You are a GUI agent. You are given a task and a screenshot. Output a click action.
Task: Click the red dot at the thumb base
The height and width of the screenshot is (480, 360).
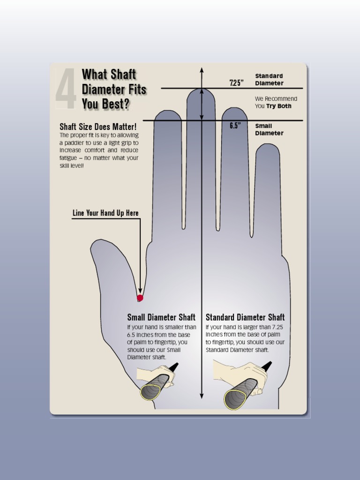pyautogui.click(x=140, y=298)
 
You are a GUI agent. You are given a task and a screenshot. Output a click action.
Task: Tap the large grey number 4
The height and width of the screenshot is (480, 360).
pyautogui.click(x=66, y=89)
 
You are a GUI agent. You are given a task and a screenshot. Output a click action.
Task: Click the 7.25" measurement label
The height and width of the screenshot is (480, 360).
pyautogui.click(x=237, y=83)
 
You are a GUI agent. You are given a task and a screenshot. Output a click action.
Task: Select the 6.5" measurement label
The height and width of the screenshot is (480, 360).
pyautogui.click(x=235, y=126)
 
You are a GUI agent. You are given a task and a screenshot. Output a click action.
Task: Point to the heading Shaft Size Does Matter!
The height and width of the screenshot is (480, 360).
pyautogui.click(x=98, y=127)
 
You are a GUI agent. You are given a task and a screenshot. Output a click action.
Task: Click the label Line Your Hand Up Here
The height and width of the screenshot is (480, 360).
pyautogui.click(x=105, y=213)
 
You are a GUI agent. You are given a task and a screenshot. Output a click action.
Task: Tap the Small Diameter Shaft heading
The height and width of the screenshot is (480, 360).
pyautogui.click(x=161, y=318)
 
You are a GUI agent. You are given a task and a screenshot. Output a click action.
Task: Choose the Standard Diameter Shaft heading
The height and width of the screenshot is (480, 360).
pyautogui.click(x=245, y=318)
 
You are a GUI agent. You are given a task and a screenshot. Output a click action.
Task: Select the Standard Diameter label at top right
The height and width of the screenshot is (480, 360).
pyautogui.click(x=269, y=80)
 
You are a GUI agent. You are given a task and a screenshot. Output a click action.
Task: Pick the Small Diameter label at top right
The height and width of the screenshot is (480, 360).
pyautogui.click(x=269, y=129)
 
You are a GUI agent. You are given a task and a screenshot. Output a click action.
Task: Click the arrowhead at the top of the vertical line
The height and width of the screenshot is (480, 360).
pyautogui.click(x=202, y=70)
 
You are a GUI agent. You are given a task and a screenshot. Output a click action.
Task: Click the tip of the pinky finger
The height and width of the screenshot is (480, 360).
pyautogui.click(x=268, y=146)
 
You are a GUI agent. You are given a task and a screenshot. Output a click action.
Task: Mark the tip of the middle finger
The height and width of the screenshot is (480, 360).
pyautogui.click(x=201, y=90)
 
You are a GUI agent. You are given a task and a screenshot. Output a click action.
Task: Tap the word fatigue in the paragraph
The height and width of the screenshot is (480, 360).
pyautogui.click(x=68, y=158)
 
